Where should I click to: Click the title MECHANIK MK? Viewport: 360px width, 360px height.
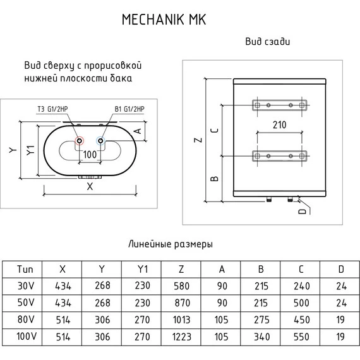164,20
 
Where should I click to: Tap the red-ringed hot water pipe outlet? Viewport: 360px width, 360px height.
80,141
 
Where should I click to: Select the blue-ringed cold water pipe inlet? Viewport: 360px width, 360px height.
101,141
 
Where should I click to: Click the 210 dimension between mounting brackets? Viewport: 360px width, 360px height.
279,125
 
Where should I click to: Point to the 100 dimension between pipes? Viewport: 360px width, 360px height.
90,155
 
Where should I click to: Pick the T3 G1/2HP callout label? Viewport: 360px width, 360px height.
52,109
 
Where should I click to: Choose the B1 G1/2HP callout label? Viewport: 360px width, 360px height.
129,109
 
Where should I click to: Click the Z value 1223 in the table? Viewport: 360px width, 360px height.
182,337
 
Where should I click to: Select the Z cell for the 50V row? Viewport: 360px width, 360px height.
181,303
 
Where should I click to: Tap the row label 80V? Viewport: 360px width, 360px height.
26,320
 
